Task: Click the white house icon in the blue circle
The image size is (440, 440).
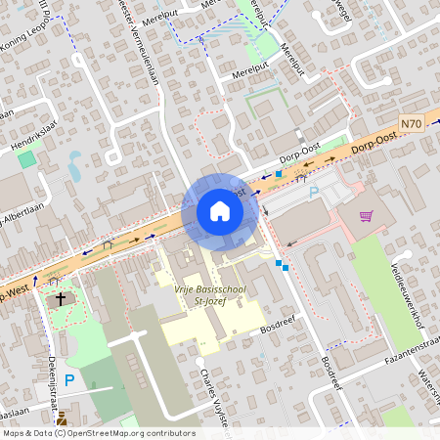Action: pyautogui.click(x=219, y=211)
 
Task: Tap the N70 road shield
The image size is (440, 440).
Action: pyautogui.click(x=413, y=124)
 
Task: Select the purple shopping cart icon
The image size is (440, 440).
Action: pyautogui.click(x=366, y=216)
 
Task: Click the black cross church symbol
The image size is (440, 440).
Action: pyautogui.click(x=61, y=298)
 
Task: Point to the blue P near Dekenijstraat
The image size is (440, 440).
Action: pyautogui.click(x=69, y=379)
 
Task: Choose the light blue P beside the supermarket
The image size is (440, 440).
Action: pyautogui.click(x=314, y=193)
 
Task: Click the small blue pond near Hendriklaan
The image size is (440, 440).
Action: pyautogui.click(x=74, y=165)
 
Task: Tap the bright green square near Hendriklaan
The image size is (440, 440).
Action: pyautogui.click(x=26, y=157)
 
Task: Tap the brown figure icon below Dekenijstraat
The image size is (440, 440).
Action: pyautogui.click(x=63, y=418)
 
